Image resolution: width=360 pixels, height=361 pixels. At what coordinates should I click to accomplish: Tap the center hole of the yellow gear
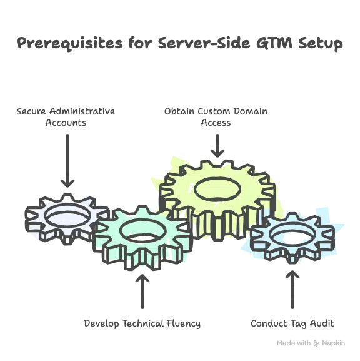pyautogui.click(x=216, y=187)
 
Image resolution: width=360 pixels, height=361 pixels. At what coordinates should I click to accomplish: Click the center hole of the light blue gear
pyautogui.click(x=291, y=236)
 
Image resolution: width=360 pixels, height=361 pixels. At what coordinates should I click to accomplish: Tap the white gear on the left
pyautogui.click(x=37, y=219)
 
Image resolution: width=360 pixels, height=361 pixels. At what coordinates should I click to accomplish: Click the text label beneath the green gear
pyautogui.click(x=142, y=324)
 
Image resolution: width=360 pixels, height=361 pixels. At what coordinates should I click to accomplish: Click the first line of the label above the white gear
pyautogui.click(x=66, y=111)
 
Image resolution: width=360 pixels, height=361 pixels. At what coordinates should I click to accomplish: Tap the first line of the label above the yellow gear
pyautogui.click(x=216, y=111)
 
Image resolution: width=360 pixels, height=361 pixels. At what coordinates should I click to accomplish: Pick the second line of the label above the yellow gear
pyautogui.click(x=216, y=123)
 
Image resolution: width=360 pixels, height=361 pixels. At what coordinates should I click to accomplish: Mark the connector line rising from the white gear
pyautogui.click(x=66, y=156)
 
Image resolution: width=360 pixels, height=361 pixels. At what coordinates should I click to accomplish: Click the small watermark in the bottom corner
pyautogui.click(x=310, y=343)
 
